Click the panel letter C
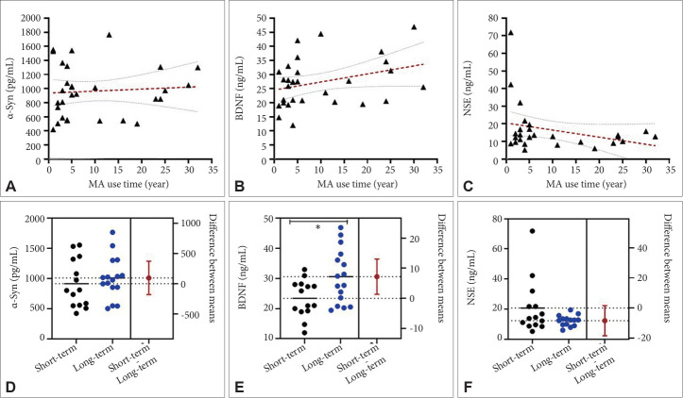coord(466,186)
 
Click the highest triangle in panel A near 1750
coord(109,35)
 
